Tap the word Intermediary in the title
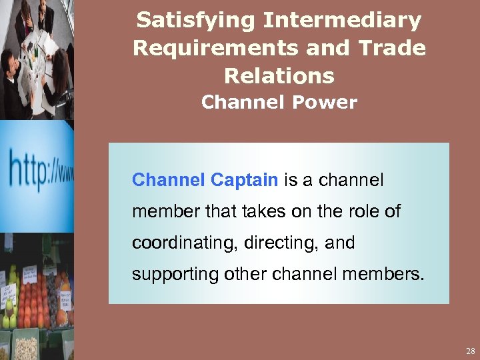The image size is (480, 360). [x=342, y=21]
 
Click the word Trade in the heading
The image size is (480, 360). [x=391, y=49]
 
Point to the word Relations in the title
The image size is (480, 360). [x=279, y=75]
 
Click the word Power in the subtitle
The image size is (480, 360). [x=329, y=103]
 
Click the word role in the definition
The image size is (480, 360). [x=368, y=212]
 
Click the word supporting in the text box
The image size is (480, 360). [x=169, y=275]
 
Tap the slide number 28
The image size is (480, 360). [x=470, y=351]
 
